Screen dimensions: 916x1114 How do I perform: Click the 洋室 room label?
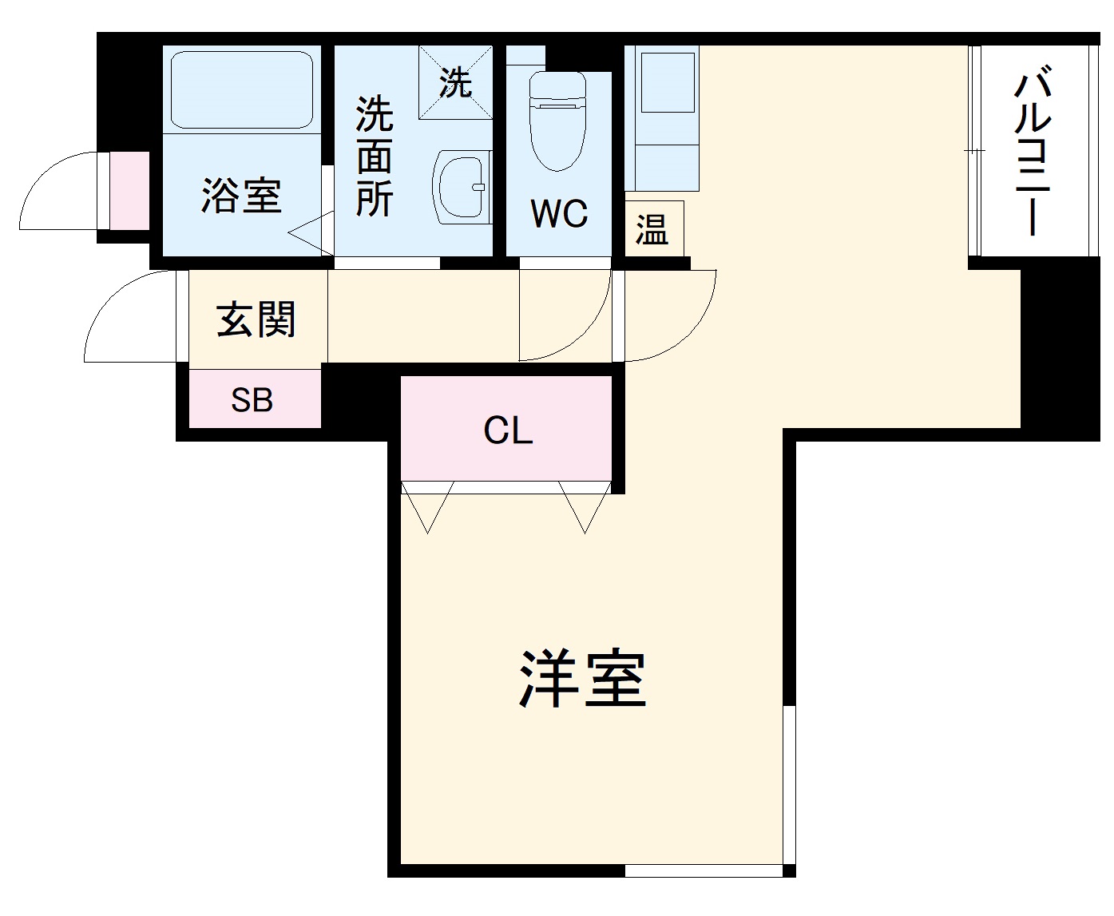pyautogui.click(x=582, y=680)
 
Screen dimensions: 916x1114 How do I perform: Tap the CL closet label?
pyautogui.click(x=508, y=431)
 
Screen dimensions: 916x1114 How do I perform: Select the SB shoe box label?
pyautogui.click(x=252, y=399)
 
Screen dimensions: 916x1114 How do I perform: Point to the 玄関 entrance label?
pyautogui.click(x=256, y=319)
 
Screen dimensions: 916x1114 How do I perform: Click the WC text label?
pyautogui.click(x=559, y=214)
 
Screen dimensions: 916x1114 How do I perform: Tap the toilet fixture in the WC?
pyautogui.click(x=558, y=120)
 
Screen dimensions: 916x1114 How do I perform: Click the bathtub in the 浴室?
pyautogui.click(x=241, y=89)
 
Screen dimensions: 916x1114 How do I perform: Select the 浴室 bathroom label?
pyautogui.click(x=241, y=196)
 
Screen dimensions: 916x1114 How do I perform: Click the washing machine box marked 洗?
pyautogui.click(x=456, y=82)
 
